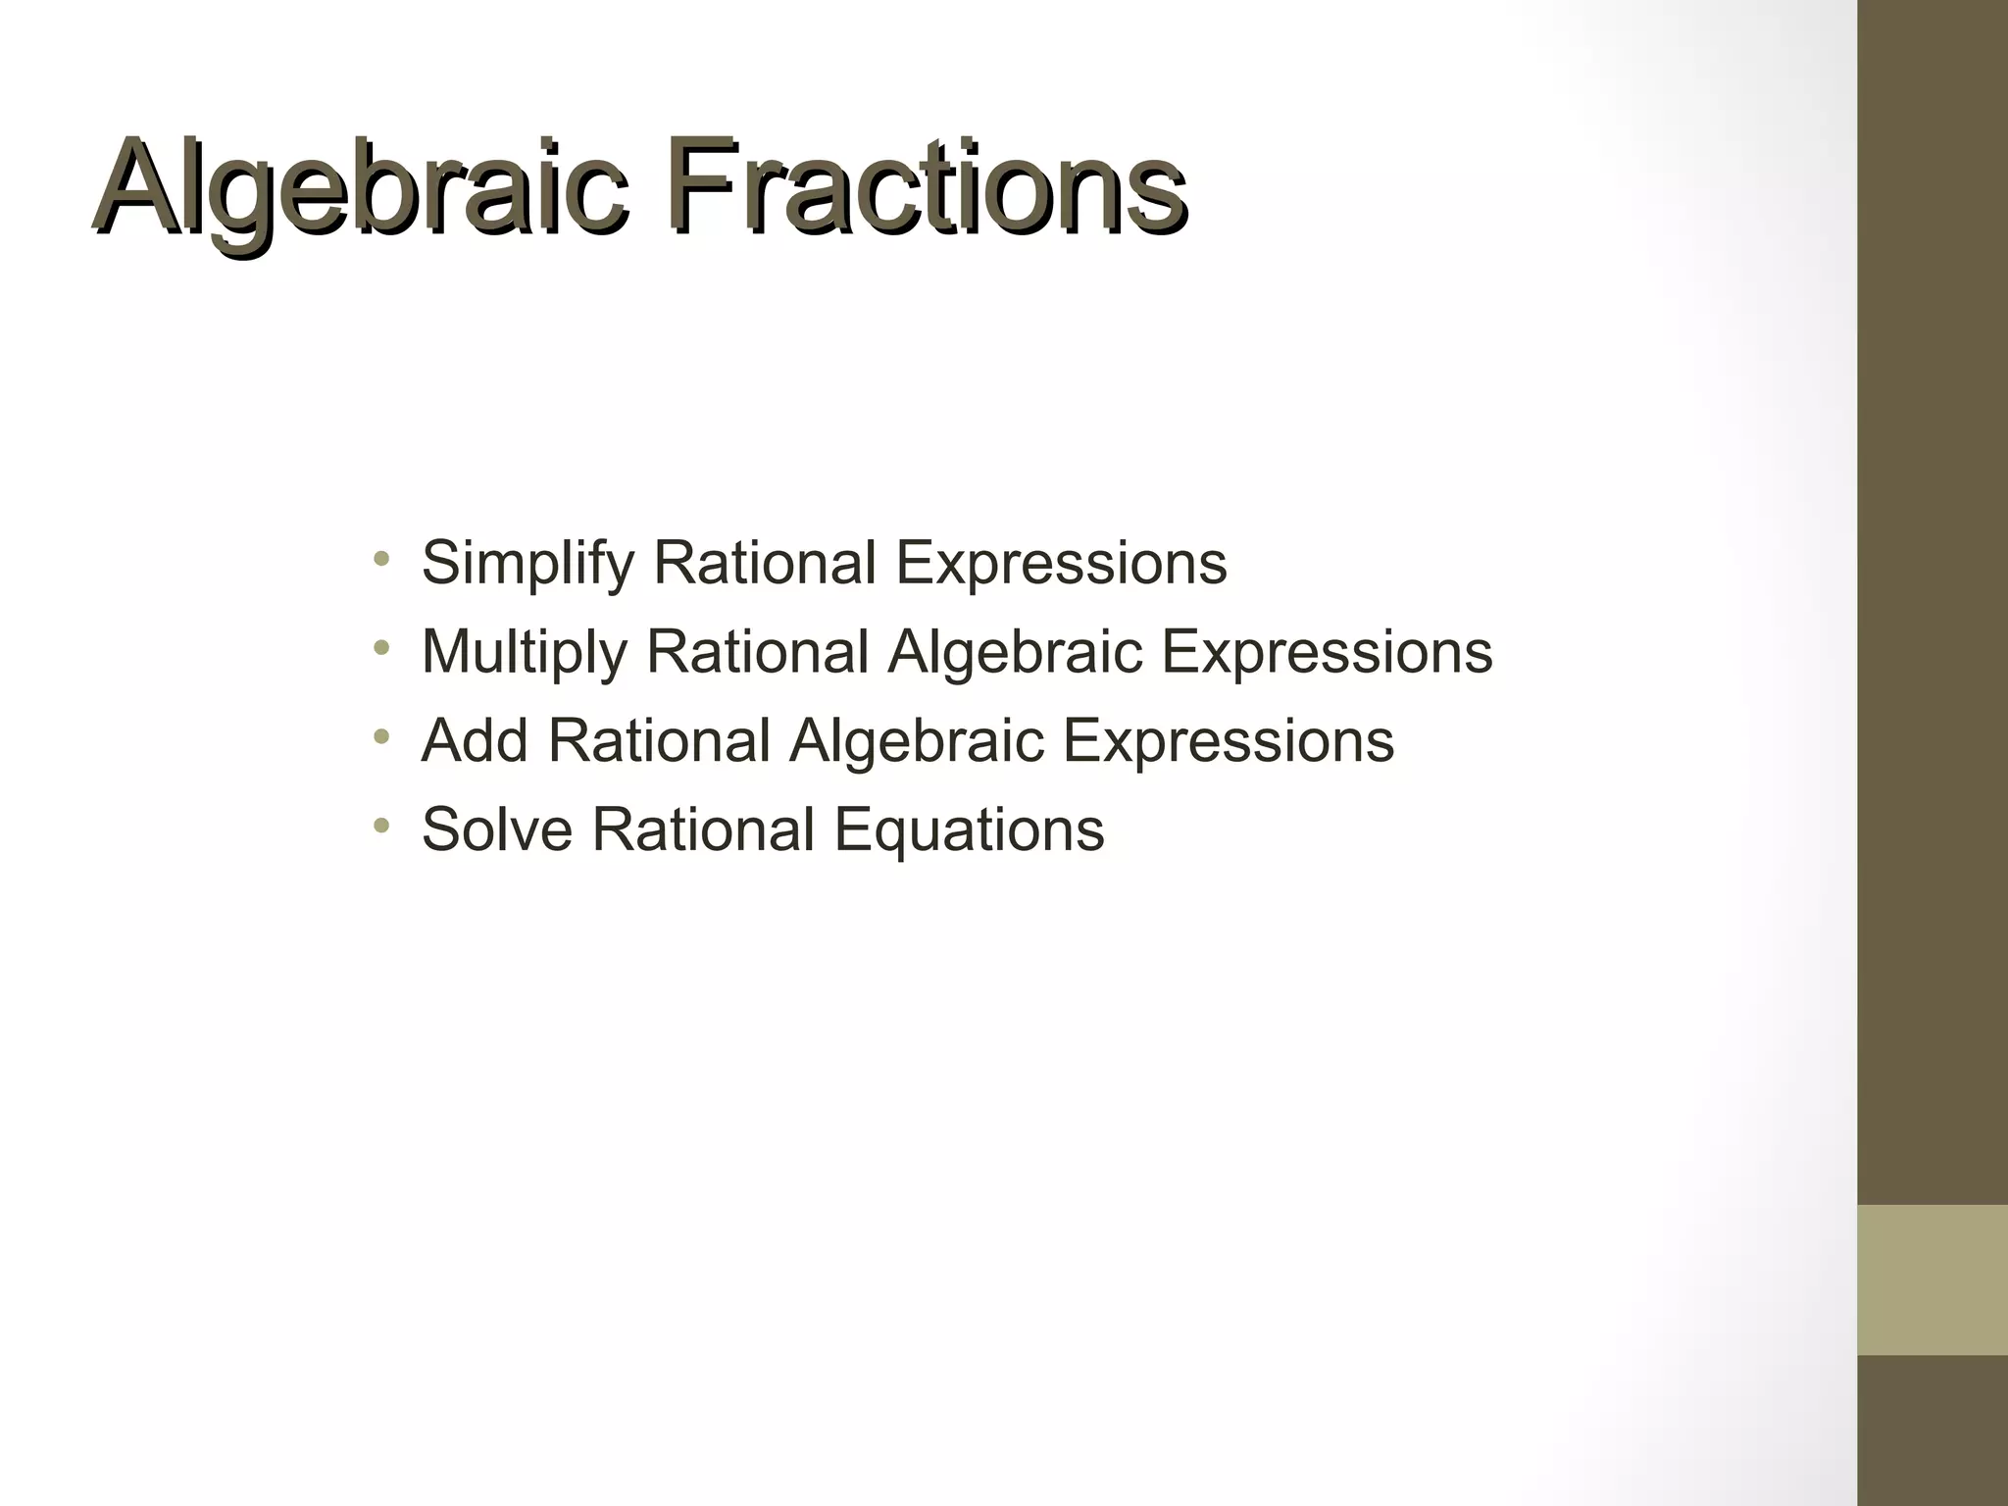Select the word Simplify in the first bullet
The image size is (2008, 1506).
(x=528, y=564)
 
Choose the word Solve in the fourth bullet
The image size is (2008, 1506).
(x=497, y=829)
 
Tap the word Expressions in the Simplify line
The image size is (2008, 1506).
(x=1061, y=564)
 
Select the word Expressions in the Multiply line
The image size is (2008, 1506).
(x=1327, y=652)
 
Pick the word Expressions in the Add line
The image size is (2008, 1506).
(x=1229, y=740)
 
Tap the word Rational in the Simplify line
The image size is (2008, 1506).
(x=765, y=563)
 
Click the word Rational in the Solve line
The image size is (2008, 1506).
(x=703, y=829)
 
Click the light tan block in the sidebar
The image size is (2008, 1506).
(x=1933, y=1280)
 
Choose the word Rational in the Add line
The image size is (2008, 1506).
(x=660, y=740)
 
